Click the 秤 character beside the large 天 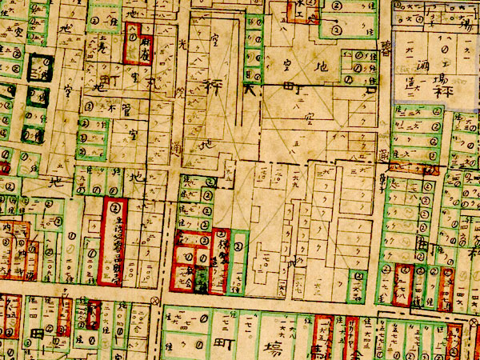[x=215, y=82]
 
